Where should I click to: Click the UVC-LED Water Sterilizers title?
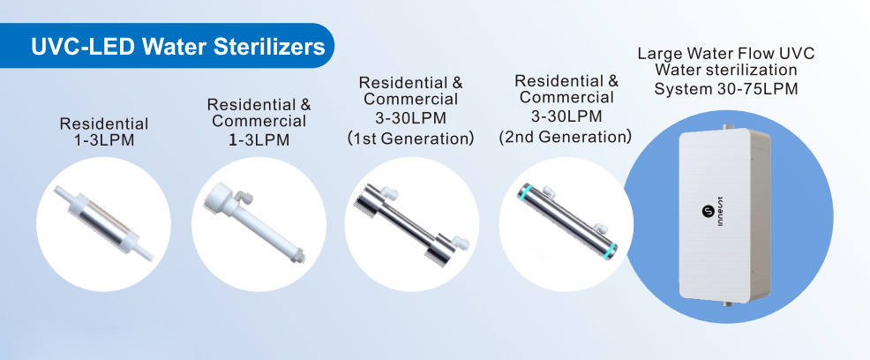(x=177, y=47)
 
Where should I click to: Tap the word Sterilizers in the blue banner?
(x=270, y=47)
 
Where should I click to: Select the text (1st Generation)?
(x=410, y=138)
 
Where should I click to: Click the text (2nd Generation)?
(x=565, y=136)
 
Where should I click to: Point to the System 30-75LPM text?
(x=726, y=89)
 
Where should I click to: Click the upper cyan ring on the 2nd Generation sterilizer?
(x=525, y=192)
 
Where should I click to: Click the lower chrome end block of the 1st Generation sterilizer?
(x=439, y=250)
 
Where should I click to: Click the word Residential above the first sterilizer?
(x=104, y=124)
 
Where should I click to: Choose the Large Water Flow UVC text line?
(x=726, y=54)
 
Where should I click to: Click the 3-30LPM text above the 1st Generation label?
(x=411, y=119)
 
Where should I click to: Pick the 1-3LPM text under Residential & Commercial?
(x=259, y=139)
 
